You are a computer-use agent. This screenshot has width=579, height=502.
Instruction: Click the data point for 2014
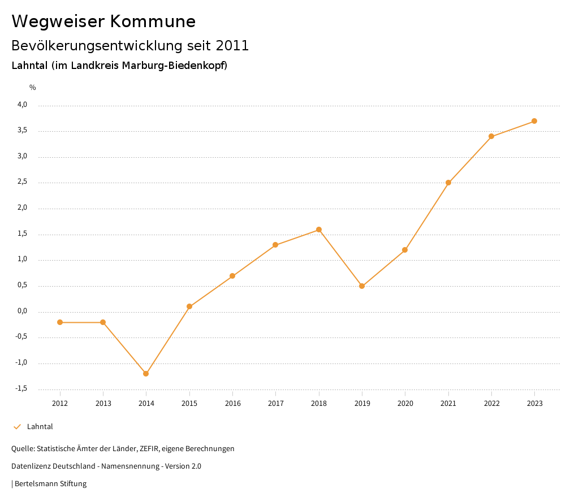point(146,374)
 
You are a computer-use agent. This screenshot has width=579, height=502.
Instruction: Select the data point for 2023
point(534,121)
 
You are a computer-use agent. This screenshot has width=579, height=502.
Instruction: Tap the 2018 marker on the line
point(319,230)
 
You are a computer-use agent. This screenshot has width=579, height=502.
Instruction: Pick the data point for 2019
point(362,286)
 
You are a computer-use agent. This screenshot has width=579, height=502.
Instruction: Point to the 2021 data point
point(448,183)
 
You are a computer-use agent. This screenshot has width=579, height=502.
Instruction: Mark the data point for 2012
point(60,322)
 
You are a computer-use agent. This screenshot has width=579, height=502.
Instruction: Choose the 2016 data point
point(232,276)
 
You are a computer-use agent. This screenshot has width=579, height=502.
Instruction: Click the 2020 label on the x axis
point(405,404)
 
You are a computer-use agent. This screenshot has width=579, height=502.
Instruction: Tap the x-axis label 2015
point(189,404)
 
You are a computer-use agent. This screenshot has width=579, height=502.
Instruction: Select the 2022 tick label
point(491,404)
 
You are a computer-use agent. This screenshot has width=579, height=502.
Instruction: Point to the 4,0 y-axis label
point(23,105)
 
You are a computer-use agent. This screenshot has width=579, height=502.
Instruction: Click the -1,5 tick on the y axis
point(21,388)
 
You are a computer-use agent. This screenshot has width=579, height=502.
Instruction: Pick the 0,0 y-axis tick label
point(23,311)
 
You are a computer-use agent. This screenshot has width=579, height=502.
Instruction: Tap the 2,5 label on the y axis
point(23,182)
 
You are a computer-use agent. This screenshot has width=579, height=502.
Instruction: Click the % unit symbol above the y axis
point(33,88)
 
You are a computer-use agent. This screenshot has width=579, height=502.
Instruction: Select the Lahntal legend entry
point(40,427)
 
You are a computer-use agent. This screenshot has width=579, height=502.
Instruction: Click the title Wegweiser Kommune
point(103,21)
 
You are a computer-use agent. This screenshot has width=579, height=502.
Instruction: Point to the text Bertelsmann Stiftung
point(50,484)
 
